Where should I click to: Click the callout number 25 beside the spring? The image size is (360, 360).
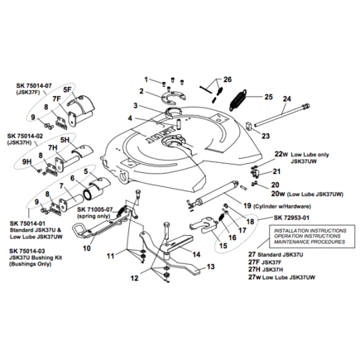[267, 97]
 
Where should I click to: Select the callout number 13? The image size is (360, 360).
[210, 266]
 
